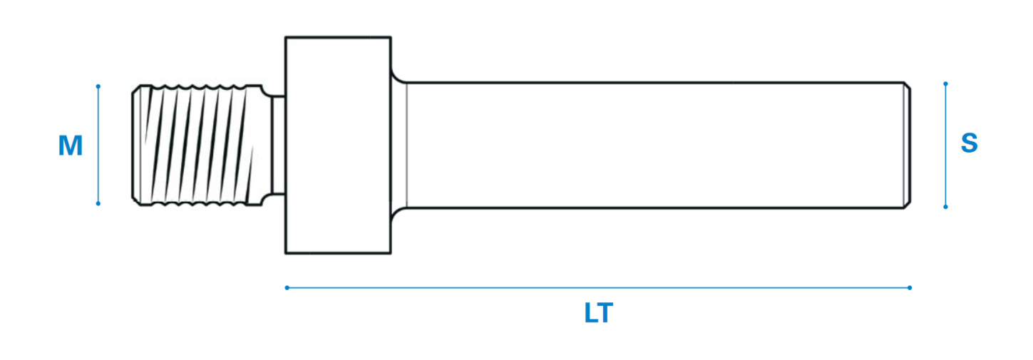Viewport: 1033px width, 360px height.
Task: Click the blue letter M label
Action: coord(71,145)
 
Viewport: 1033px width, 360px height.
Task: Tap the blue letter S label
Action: coord(970,143)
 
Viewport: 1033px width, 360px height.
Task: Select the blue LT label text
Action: coord(599,313)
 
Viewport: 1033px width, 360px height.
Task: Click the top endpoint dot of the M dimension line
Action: coord(98,86)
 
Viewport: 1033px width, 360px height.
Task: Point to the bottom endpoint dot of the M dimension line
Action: coord(98,203)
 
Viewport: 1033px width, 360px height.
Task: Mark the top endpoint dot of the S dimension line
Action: coord(945,84)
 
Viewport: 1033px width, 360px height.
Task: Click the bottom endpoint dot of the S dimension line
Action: coord(945,207)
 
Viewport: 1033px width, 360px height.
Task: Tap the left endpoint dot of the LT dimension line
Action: coord(287,287)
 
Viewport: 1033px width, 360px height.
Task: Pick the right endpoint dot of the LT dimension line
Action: coord(910,287)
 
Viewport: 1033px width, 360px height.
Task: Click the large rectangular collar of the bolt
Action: coord(338,145)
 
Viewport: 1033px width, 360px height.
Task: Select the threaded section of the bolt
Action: coord(197,145)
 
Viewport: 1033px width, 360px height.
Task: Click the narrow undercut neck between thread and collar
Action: coord(278,145)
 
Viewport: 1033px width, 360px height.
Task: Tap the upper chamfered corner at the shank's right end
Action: coord(907,86)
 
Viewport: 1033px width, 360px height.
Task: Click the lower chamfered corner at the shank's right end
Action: coord(907,205)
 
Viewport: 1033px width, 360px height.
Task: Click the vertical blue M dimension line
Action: coord(98,145)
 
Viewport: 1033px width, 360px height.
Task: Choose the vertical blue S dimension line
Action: coord(945,145)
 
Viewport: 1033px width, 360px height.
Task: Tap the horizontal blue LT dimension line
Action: coord(598,287)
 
